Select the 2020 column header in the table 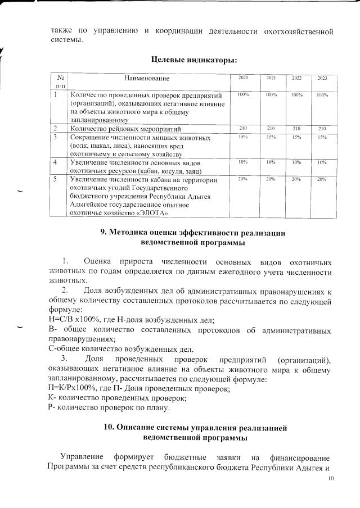coord(244,78)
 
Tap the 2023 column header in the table coord(322,78)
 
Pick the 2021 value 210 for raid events coord(271,129)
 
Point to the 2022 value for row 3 coord(296,137)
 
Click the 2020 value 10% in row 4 coord(244,162)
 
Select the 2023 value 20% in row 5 coord(322,179)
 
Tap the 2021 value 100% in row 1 coord(271,95)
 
